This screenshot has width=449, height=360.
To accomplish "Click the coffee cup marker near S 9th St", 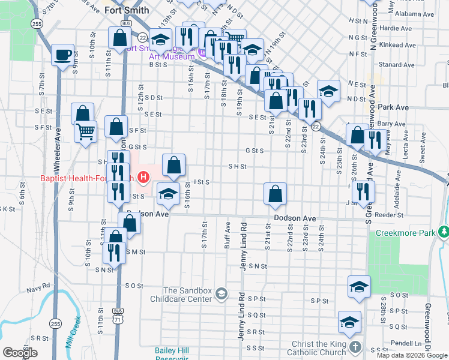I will coord(62,56).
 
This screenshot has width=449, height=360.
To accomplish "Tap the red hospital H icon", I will coord(143,177).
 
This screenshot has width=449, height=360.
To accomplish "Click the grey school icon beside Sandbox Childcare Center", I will coord(221,293).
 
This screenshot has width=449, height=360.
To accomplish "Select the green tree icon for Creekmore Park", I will coord(443,231).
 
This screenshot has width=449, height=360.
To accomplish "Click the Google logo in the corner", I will coord(20,353).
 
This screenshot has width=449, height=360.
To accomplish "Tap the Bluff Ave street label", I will coord(228,235).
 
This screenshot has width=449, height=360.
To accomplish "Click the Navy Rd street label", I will coord(37,289).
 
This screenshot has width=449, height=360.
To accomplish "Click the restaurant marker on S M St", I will coord(114,251).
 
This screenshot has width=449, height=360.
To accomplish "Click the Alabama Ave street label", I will coord(418,13).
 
